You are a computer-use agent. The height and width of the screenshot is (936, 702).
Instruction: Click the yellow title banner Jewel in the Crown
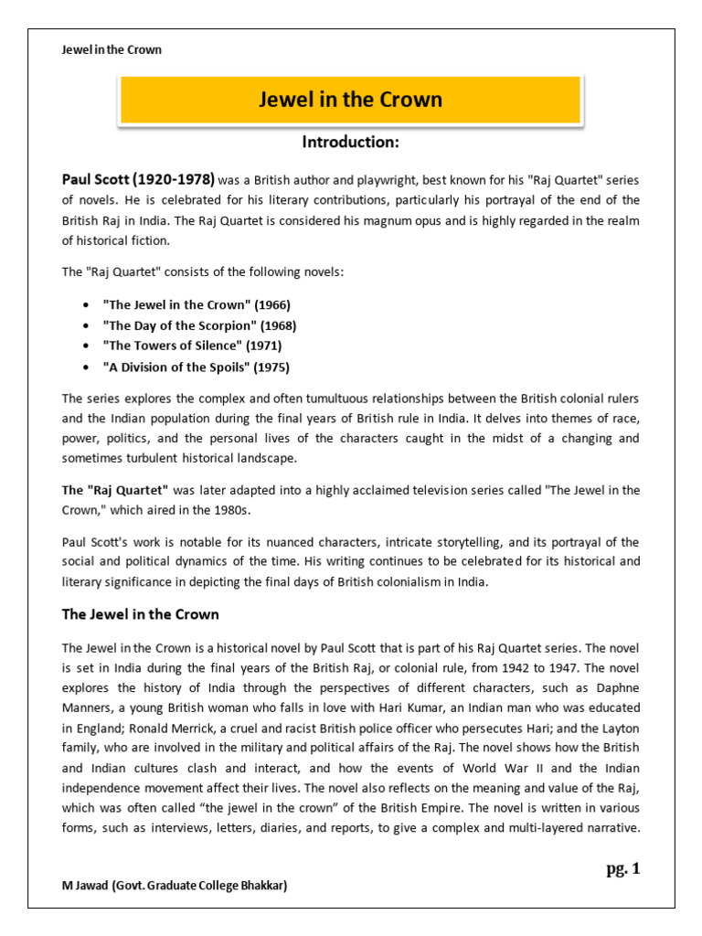pyautogui.click(x=350, y=100)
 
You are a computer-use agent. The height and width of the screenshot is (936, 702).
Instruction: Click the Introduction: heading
pyautogui.click(x=350, y=143)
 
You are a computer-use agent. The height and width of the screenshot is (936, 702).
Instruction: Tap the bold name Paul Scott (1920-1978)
pyautogui.click(x=138, y=179)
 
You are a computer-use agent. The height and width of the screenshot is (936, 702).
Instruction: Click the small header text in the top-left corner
pyautogui.click(x=112, y=49)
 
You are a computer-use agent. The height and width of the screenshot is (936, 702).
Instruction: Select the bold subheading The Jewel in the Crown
pyautogui.click(x=140, y=614)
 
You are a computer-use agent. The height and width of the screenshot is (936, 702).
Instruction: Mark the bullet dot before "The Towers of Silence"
pyautogui.click(x=85, y=346)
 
